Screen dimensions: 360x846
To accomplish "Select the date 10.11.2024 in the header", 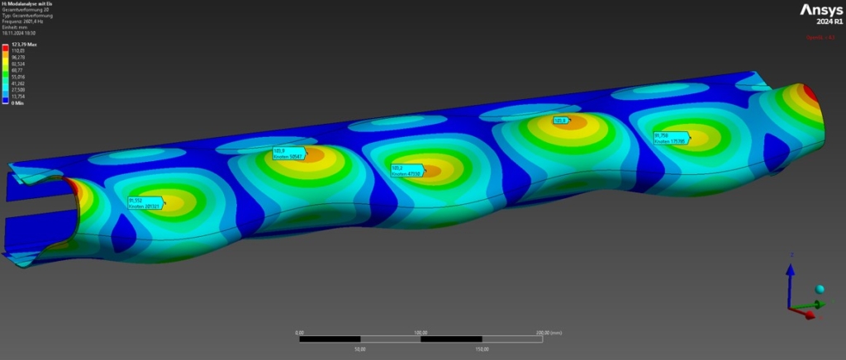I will point(17,31).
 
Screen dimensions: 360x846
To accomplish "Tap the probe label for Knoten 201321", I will point(145,202).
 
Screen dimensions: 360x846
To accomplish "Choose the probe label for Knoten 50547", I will point(288,153).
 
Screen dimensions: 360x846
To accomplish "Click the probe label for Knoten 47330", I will point(406,170).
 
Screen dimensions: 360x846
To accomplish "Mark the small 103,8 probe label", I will point(562,121).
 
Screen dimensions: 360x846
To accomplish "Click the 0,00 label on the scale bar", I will point(299,332).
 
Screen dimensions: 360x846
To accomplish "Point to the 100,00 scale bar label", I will point(421,332).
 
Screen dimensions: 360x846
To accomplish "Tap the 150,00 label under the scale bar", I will point(482,348).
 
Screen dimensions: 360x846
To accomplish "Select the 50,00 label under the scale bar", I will point(360,348).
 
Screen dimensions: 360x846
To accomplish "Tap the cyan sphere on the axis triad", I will point(820,290).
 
